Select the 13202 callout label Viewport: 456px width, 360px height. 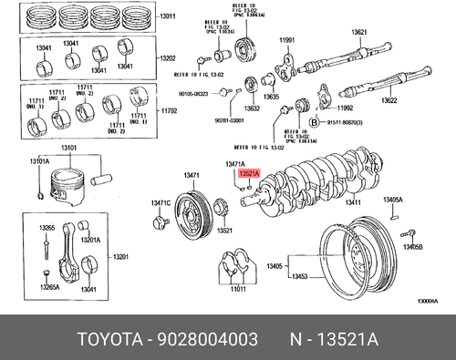coord(168,58)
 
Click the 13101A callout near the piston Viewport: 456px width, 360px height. coord(38,161)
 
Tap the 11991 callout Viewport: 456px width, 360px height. coord(287,41)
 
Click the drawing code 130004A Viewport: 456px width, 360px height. coord(428,302)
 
